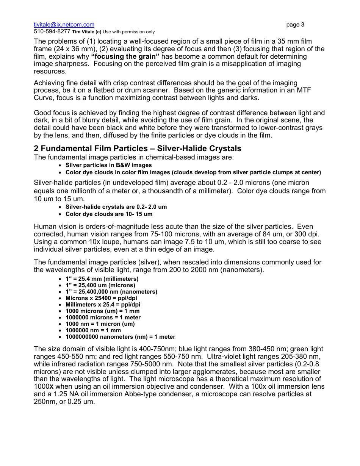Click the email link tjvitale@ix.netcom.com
coord(64,25)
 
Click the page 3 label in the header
coord(295,25)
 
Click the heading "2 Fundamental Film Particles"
coord(137,148)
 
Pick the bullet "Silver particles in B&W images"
coord(108,165)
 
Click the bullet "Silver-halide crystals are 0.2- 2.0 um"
coord(116,207)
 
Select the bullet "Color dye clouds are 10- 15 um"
coord(109,214)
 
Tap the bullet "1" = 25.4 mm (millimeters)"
coord(102,278)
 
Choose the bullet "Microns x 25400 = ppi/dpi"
coord(101,298)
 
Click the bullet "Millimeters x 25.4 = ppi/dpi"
coord(103,305)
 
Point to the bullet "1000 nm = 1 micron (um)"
coord(100,324)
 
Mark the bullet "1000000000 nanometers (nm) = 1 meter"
coord(120,337)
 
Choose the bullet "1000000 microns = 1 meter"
coord(103,317)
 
